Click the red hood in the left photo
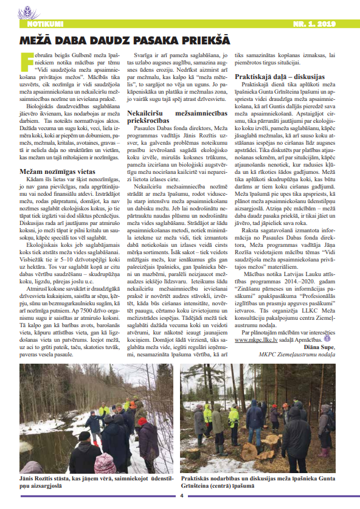point(142,420)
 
